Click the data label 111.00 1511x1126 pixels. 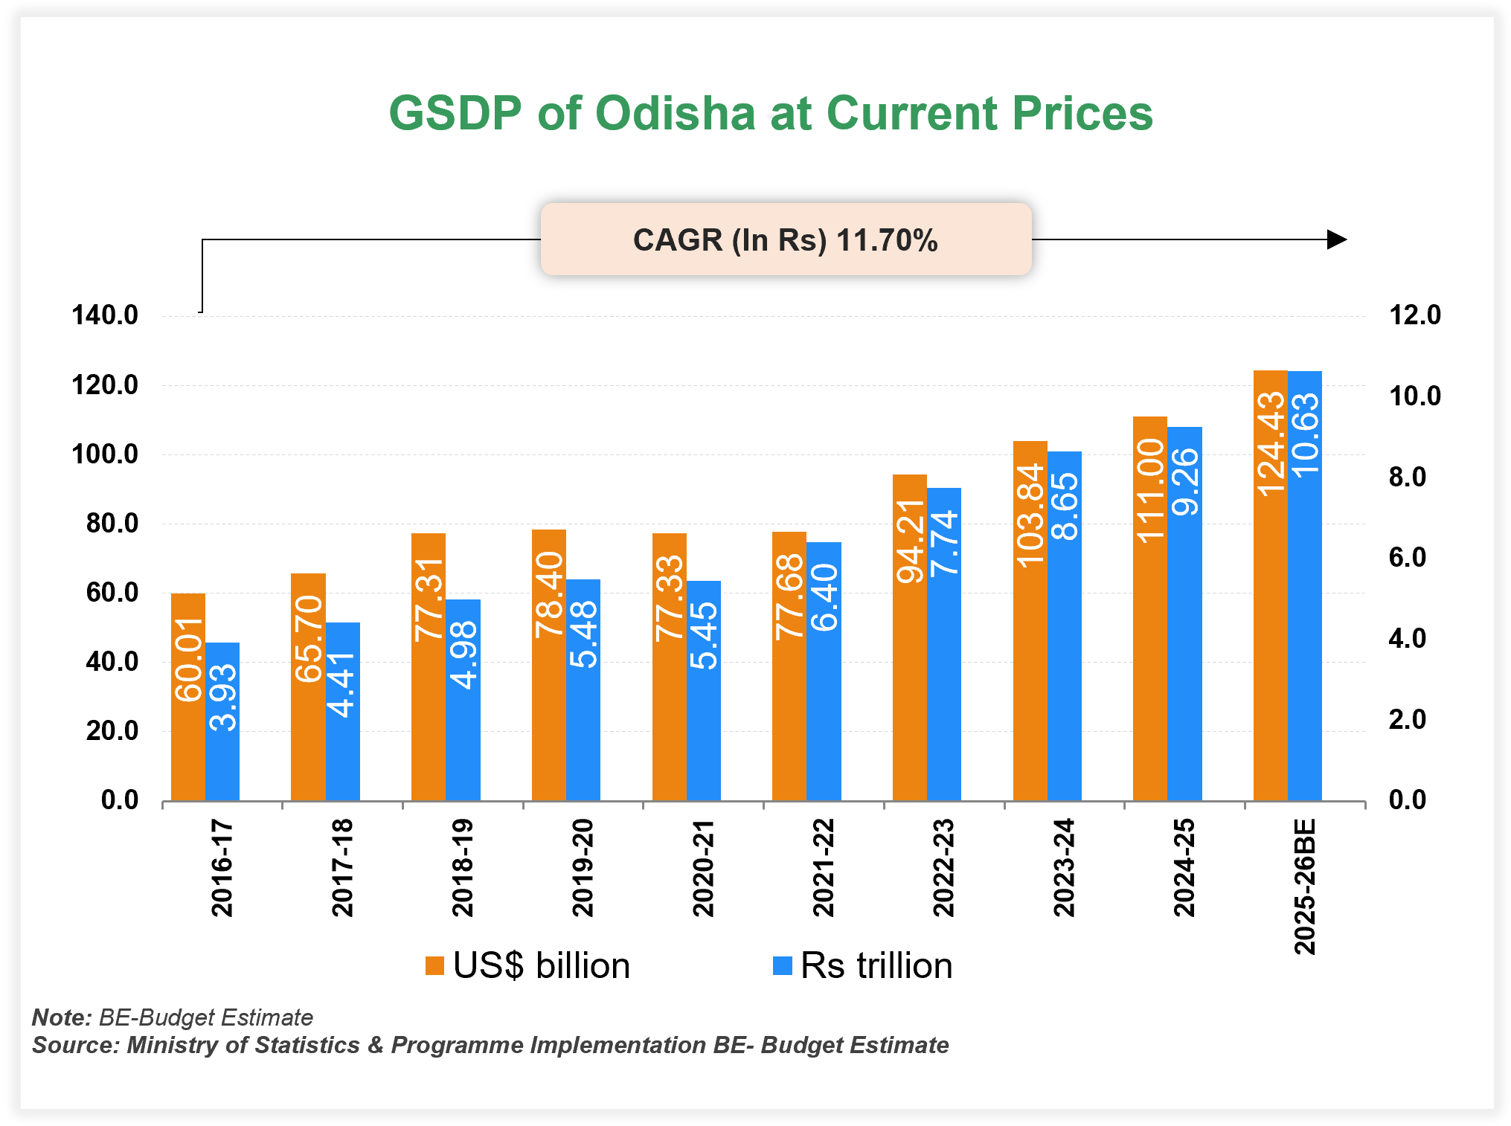tap(1150, 491)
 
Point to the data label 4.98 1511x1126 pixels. tap(463, 655)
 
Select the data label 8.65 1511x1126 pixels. tap(1065, 506)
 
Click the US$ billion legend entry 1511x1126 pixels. tap(528, 966)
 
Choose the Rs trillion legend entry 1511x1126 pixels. tap(863, 966)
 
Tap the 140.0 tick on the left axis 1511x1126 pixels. tap(105, 315)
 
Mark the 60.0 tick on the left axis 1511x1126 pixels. tap(112, 593)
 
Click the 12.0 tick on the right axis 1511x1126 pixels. tap(1415, 315)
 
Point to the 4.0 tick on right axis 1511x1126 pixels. tap(1408, 638)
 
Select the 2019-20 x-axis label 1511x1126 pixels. tap(583, 867)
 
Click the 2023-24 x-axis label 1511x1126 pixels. tap(1064, 867)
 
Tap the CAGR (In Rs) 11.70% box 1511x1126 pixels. tap(786, 239)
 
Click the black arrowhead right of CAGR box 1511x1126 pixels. tap(1337, 239)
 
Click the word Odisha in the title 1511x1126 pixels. tap(676, 114)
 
